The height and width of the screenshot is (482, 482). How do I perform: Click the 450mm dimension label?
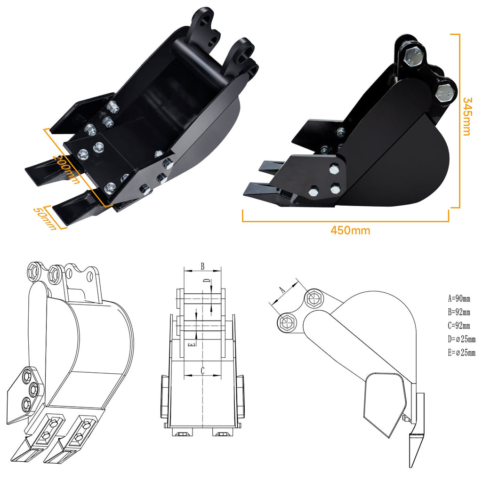click(x=350, y=231)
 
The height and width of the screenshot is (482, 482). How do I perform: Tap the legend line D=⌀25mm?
click(x=462, y=339)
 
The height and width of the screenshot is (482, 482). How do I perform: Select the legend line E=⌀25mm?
click(x=462, y=353)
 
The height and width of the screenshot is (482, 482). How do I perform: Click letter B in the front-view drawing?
click(x=202, y=266)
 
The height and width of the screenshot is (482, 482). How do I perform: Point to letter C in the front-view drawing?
click(x=202, y=371)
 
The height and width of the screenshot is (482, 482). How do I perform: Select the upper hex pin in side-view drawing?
click(x=314, y=298)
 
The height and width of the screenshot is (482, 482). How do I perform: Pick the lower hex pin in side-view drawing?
click(x=286, y=322)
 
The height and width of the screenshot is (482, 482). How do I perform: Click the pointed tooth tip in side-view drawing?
click(x=412, y=464)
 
